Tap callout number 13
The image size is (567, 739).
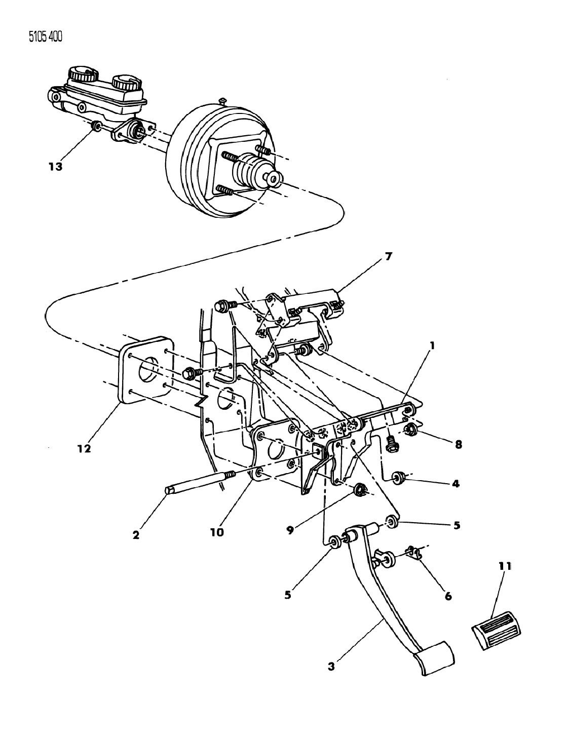click(55, 167)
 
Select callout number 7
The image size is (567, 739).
click(388, 257)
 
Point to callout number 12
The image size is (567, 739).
click(84, 448)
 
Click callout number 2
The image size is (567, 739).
click(136, 535)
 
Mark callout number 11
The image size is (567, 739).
click(505, 567)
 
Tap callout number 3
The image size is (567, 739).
click(331, 667)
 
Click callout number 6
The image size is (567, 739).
click(447, 596)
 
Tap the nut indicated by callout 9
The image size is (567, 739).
click(360, 490)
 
